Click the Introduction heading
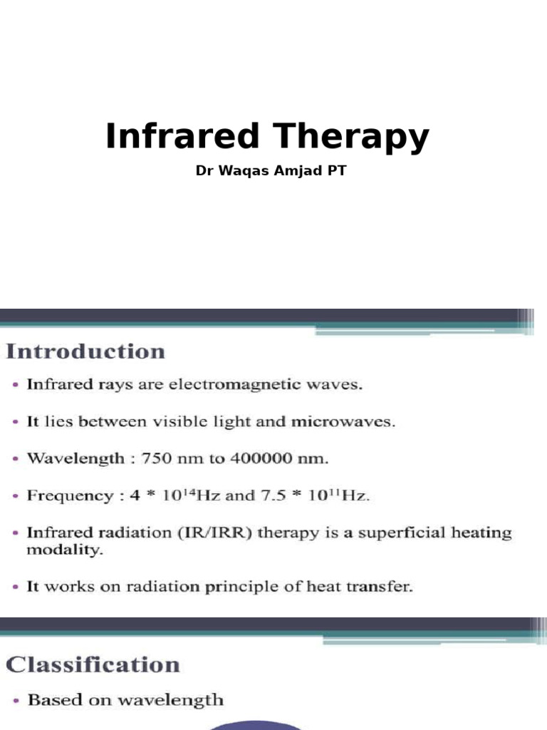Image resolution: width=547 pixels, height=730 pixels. [85, 351]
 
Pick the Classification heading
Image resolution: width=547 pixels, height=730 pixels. [93, 665]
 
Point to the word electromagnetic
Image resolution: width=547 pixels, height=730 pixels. [234, 385]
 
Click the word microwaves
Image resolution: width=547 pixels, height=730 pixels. [343, 421]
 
